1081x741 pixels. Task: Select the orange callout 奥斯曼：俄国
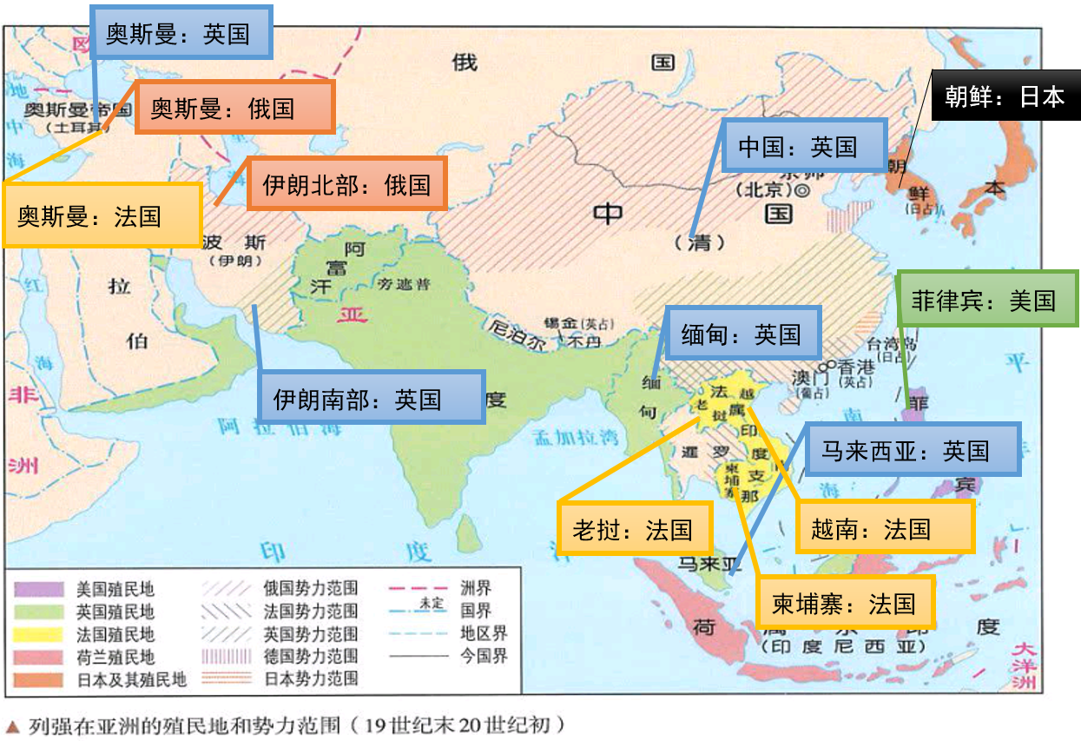[234, 109]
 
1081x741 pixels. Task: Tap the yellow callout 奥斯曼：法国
[102, 215]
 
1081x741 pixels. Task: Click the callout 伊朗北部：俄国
[346, 184]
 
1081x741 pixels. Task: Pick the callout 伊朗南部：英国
[370, 399]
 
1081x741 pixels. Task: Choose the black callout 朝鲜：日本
[1005, 96]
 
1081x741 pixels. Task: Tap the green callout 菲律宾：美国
[985, 301]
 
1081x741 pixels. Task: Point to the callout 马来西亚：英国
[911, 451]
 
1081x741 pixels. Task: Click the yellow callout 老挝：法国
[633, 529]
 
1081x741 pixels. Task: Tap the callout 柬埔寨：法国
[844, 602]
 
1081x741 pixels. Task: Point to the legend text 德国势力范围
[310, 656]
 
